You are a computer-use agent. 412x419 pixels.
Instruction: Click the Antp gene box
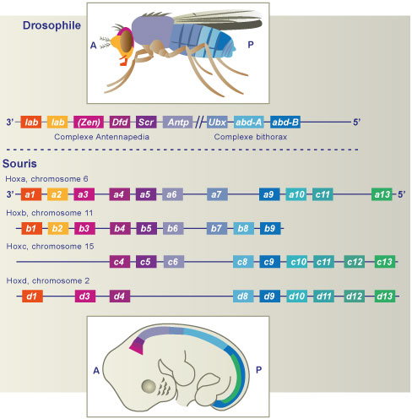tap(177, 122)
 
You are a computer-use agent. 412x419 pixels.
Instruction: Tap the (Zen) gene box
tap(89, 122)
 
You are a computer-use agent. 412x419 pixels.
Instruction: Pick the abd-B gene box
tap(285, 122)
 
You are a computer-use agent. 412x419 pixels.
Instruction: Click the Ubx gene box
tap(217, 122)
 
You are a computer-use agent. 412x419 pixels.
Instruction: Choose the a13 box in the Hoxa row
tap(382, 194)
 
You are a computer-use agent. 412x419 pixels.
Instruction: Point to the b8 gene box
tap(244, 228)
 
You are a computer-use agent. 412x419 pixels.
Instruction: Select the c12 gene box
tap(355, 262)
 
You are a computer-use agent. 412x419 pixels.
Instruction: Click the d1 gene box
tap(32, 296)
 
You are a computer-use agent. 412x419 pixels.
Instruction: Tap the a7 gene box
tap(217, 194)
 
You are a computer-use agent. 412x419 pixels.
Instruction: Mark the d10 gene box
tap(297, 296)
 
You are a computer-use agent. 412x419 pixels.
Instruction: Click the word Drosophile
tap(51, 25)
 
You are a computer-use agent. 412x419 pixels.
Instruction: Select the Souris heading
tap(19, 164)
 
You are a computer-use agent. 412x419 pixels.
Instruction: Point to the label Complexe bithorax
tap(251, 137)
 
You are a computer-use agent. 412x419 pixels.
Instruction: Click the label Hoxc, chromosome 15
tap(50, 247)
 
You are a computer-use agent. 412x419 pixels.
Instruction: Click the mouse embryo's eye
tap(149, 386)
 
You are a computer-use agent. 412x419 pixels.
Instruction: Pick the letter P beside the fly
tap(251, 45)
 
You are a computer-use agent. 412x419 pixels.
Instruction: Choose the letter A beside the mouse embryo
tap(96, 370)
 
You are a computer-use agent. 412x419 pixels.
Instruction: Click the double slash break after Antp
tap(199, 122)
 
